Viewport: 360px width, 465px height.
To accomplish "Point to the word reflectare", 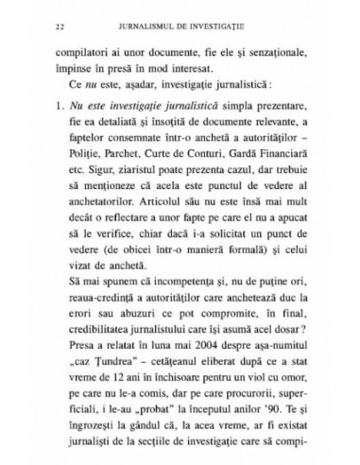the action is [128, 246].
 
